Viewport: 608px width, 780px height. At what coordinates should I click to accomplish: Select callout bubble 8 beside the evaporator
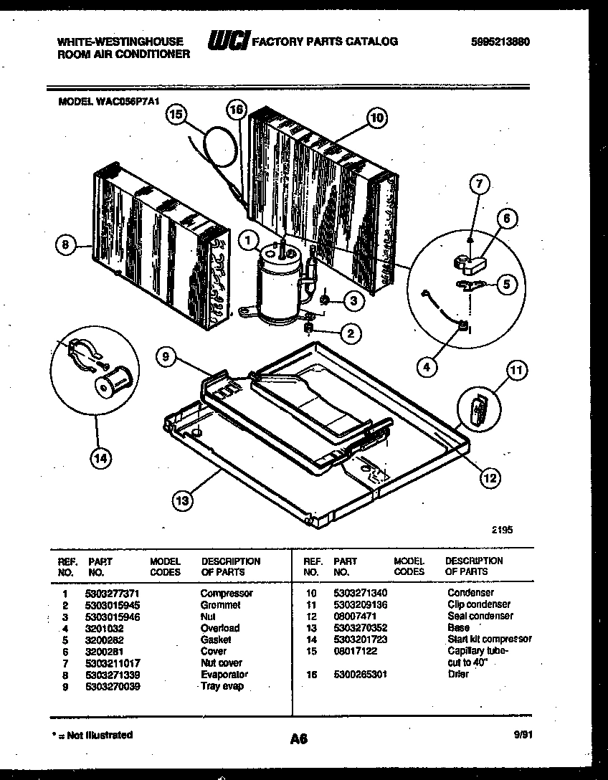coord(66,245)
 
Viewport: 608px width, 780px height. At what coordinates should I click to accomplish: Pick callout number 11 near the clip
coord(516,371)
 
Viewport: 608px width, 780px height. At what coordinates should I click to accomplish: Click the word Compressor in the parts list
coord(226,594)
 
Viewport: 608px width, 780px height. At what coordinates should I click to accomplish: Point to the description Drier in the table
coord(458,675)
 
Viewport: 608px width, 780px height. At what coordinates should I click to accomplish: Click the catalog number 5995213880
coord(502,42)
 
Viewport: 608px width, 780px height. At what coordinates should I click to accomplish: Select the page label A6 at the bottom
coord(299,738)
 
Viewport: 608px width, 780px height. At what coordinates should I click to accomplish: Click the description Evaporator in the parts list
coord(224,675)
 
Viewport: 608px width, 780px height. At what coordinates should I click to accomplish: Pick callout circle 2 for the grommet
coord(350,333)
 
